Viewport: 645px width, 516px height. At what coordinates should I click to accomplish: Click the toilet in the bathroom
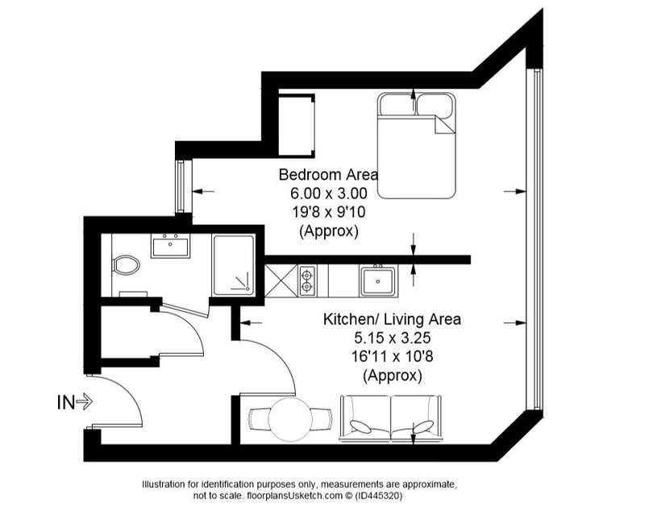click(126, 265)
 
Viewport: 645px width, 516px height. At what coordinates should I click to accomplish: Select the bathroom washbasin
click(170, 246)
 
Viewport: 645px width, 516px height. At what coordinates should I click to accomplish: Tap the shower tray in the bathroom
click(233, 265)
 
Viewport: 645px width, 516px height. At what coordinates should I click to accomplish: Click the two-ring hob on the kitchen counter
click(307, 281)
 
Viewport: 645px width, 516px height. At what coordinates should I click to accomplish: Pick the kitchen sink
click(378, 281)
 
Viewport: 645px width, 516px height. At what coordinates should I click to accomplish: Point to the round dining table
click(293, 420)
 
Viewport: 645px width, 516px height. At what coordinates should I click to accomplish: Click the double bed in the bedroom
click(417, 146)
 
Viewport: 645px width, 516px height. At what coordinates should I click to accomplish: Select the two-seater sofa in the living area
click(390, 419)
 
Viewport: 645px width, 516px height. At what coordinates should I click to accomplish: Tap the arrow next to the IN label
click(85, 402)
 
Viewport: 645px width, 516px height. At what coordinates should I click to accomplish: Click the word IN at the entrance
click(66, 402)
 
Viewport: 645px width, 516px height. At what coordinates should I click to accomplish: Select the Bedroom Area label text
click(328, 174)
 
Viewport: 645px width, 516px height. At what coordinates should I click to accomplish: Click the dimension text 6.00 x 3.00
click(328, 193)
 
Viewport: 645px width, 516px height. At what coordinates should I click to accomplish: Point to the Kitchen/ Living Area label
click(392, 319)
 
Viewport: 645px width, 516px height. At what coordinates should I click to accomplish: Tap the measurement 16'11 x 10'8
click(392, 356)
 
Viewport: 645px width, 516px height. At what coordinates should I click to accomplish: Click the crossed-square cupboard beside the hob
click(281, 281)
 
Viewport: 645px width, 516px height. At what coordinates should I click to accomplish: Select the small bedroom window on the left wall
click(180, 186)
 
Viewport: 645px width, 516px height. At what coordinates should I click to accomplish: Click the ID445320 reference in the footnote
click(380, 496)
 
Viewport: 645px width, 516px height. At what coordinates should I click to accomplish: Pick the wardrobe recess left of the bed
click(297, 126)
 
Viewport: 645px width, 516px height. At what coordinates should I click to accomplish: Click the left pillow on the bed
click(397, 105)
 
